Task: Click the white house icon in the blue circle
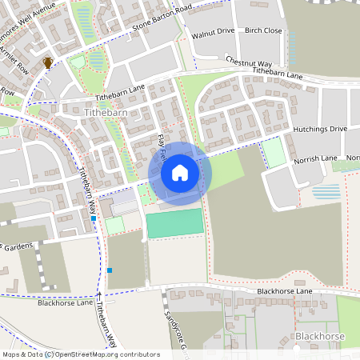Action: click(180, 171)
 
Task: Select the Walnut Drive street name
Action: click(214, 31)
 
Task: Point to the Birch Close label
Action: click(263, 30)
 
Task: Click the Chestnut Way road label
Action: click(249, 62)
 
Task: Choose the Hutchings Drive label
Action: click(320, 128)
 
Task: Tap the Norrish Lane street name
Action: click(316, 158)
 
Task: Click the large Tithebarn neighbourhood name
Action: click(106, 114)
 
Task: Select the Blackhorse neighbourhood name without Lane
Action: click(319, 337)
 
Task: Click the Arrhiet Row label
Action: click(18, 58)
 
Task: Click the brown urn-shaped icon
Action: click(48, 62)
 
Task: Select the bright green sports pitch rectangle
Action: click(175, 223)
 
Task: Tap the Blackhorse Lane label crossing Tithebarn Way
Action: click(64, 303)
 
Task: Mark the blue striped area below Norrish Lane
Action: click(326, 192)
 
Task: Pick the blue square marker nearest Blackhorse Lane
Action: click(110, 270)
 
